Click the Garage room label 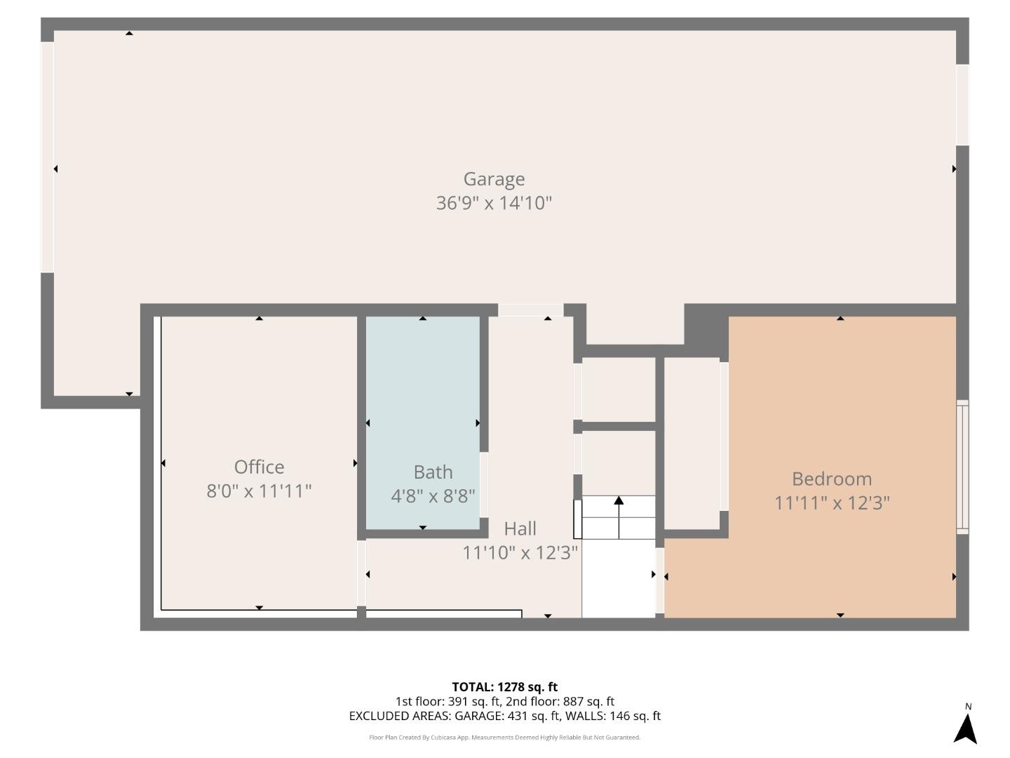point(494,179)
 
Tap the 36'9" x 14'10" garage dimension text point(494,204)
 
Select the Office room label point(259,467)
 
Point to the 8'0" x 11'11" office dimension point(259,491)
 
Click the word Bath point(433,472)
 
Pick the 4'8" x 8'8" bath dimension point(433,496)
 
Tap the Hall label point(520,528)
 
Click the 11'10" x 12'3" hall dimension point(520,553)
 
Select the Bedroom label point(832,479)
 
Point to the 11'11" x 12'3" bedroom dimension point(832,503)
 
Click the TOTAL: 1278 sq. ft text point(504,686)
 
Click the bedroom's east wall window point(963,467)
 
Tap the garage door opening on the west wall point(47,157)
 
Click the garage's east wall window point(962,105)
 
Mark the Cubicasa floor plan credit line point(504,738)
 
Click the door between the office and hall point(361,573)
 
